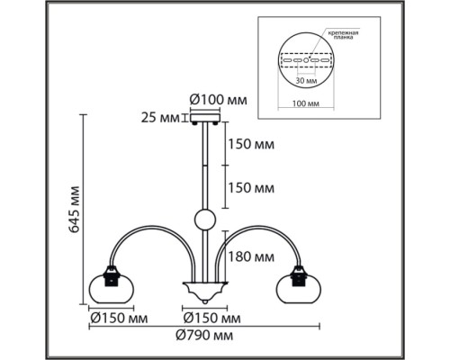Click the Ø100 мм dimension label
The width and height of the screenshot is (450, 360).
point(219,100)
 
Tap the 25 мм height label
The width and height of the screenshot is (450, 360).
point(160,118)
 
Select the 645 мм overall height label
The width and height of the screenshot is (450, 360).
point(74,210)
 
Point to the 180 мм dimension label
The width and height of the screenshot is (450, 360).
point(251,257)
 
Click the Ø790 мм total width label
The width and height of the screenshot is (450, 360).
point(204,335)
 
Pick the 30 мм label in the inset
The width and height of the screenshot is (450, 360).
point(307,81)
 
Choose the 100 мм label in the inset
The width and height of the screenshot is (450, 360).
point(306,103)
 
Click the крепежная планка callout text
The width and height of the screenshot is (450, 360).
point(343,35)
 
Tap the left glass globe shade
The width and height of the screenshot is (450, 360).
point(112,288)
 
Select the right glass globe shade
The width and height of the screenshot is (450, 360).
point(299,288)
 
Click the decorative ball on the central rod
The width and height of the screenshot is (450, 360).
point(205,220)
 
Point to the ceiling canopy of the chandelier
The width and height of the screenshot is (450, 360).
point(205,117)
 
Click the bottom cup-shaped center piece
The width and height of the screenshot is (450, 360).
point(205,292)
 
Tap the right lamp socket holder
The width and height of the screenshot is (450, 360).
point(299,276)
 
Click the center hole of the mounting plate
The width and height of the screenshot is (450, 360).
point(306,60)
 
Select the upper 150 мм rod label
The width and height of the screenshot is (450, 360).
point(251,144)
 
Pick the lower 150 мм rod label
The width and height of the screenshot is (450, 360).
point(251,188)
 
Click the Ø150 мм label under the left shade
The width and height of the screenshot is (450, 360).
point(119,318)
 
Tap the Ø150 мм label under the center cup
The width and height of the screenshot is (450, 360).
point(211,318)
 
